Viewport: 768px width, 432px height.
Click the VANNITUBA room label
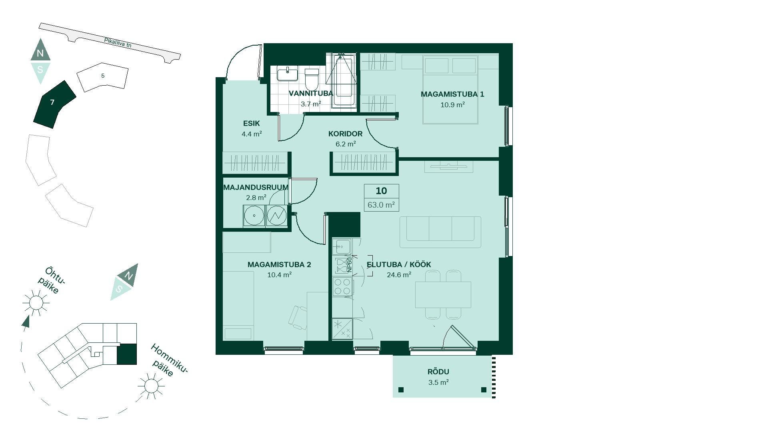pyautogui.click(x=311, y=94)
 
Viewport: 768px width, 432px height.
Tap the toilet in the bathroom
pyautogui.click(x=312, y=79)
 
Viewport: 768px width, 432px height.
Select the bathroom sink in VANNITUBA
pyautogui.click(x=287, y=74)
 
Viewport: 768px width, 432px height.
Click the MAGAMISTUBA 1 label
pyautogui.click(x=452, y=94)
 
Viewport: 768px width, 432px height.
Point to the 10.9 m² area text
pyautogui.click(x=452, y=105)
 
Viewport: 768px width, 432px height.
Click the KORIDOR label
pyautogui.click(x=345, y=134)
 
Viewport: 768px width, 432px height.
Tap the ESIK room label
pyautogui.click(x=251, y=124)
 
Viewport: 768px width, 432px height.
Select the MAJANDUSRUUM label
pyautogui.click(x=256, y=187)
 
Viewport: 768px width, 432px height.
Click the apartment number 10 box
pyautogui.click(x=381, y=191)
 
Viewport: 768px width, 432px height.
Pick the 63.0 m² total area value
pyautogui.click(x=381, y=205)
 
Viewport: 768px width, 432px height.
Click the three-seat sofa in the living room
pyautogui.click(x=440, y=232)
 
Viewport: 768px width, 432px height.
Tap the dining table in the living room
pyautogui.click(x=443, y=295)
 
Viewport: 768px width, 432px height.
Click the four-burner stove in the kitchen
pyautogui.click(x=342, y=287)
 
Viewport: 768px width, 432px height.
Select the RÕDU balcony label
pyautogui.click(x=438, y=372)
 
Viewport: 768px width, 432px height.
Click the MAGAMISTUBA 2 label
pyautogui.click(x=279, y=265)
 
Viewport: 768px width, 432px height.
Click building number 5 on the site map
pyautogui.click(x=103, y=76)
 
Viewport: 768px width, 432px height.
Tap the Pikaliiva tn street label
pyautogui.click(x=118, y=43)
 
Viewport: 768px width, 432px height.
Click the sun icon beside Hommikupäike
pyautogui.click(x=151, y=386)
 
